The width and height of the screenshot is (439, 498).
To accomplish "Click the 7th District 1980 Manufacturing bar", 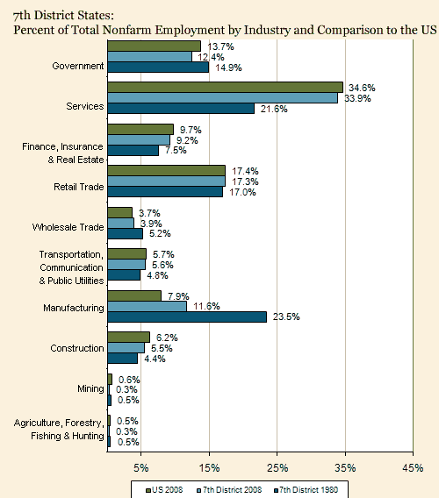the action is (187, 317).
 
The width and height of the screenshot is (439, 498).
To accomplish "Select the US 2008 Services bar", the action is (226, 88).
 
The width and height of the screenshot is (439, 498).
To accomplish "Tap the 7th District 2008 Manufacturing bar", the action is (147, 307).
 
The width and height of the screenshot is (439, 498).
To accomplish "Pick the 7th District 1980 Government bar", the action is (158, 68).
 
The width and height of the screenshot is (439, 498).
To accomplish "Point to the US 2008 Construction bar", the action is (128, 338).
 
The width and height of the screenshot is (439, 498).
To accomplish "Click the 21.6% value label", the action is (274, 109).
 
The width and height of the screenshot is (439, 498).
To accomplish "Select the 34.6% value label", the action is (362, 88).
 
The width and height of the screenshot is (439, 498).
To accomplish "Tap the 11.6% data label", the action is (206, 306).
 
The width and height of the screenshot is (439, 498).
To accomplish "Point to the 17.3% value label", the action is (245, 181).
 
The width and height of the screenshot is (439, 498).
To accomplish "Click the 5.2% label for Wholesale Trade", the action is (160, 233).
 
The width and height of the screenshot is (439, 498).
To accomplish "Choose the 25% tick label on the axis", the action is (277, 468).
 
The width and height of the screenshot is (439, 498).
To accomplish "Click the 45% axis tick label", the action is (413, 468).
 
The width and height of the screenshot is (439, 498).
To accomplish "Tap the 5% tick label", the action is (141, 468).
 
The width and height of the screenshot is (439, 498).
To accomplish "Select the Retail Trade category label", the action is (78, 187).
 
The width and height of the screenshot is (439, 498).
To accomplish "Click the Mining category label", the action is (90, 388).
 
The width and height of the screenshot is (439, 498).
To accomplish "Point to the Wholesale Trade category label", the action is (68, 227).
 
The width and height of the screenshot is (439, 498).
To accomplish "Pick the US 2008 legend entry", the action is (164, 490).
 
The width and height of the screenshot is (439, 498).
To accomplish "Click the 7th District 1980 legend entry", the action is (306, 490).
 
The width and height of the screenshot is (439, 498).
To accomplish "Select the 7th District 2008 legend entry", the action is (229, 490).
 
